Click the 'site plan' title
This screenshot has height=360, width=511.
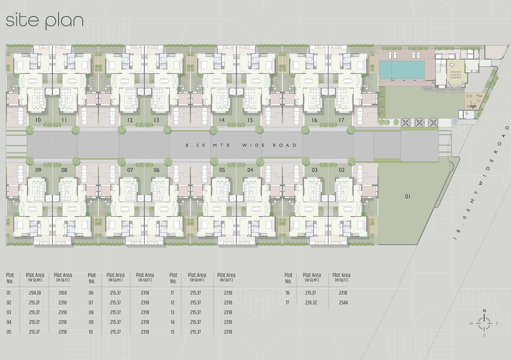coord(45,21)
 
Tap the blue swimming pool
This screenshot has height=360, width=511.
coord(402,69)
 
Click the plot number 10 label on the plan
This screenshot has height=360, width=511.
coord(38,120)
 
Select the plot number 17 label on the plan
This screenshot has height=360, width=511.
coord(341,120)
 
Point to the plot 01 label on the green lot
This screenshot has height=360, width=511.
coord(408,197)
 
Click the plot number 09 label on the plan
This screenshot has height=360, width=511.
coord(38,170)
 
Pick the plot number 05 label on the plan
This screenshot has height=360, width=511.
coord(222,170)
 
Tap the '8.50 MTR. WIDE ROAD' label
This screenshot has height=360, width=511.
coord(241,145)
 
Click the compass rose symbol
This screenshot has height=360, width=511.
coord(484,324)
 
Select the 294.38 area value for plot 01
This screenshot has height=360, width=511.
coord(35,293)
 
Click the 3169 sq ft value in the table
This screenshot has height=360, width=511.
coord(63,293)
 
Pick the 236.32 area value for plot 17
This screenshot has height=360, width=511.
coord(311,302)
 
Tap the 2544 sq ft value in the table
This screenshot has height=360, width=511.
coord(343,302)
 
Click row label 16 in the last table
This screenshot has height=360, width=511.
coord(288,293)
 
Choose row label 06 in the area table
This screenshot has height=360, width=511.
coord(91,293)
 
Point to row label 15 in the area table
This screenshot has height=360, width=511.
coord(173,332)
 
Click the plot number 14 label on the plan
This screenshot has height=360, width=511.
coord(222,120)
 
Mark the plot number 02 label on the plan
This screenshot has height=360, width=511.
coord(342,170)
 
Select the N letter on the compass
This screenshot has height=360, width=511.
coord(484,311)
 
